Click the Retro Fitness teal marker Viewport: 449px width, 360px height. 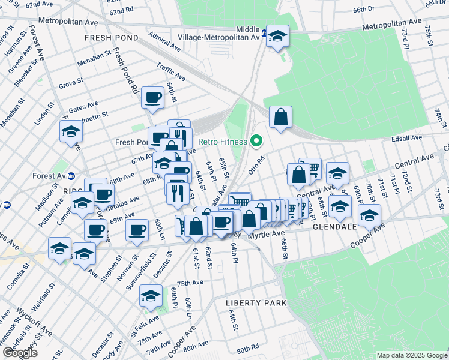pos(257,142)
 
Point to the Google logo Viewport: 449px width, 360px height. pos(20,353)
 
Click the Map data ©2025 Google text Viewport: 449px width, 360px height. pos(412,355)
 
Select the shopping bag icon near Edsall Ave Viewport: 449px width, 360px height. pos(280,118)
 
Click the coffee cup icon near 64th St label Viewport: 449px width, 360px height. pos(153,97)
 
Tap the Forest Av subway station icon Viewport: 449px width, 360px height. pos(71,176)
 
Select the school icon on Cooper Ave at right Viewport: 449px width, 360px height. pos(369,215)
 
